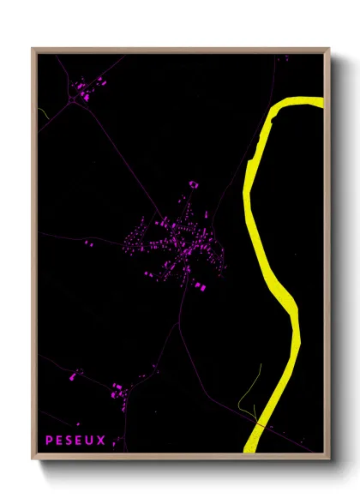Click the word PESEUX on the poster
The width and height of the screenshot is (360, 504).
click(75, 441)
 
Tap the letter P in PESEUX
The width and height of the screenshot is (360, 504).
click(50, 441)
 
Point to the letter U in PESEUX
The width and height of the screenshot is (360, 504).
click(91, 441)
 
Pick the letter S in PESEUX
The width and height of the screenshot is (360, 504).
click(70, 441)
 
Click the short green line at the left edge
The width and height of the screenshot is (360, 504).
click(43, 112)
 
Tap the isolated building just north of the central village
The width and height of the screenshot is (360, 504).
click(193, 183)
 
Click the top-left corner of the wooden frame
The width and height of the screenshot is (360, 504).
click(33, 50)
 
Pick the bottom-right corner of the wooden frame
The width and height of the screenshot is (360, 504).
click(329, 461)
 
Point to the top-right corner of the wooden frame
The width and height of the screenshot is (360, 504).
click(329, 50)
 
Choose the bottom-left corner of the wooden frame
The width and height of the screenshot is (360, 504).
click(33, 461)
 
